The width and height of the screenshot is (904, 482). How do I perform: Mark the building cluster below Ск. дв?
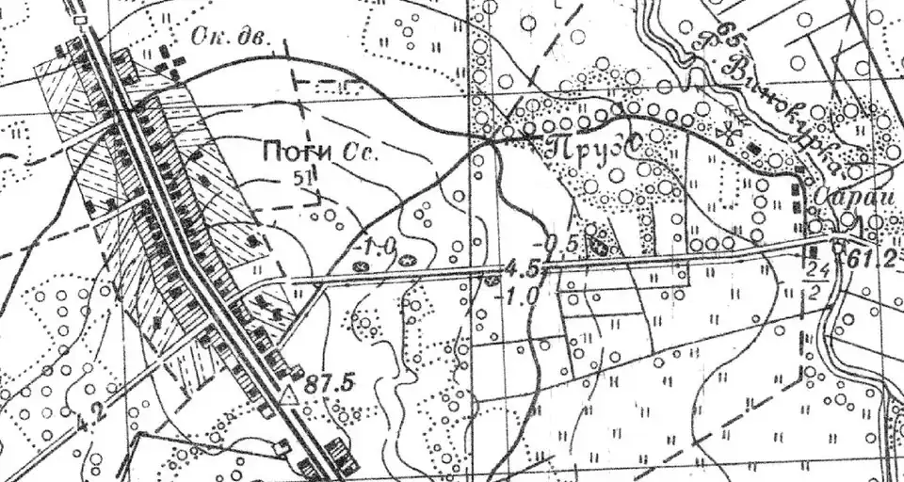pos(169,67)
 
